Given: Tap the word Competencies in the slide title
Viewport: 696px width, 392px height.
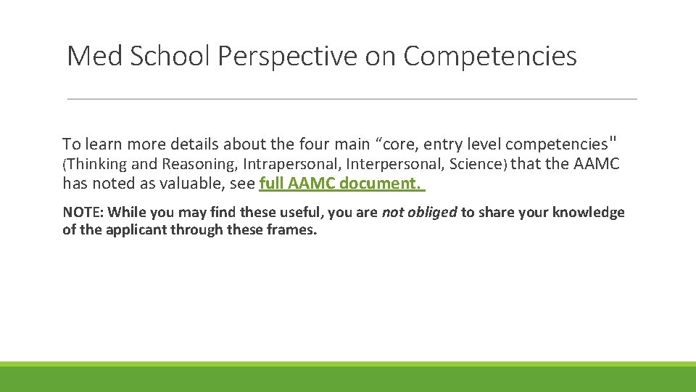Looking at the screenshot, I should pos(490,56).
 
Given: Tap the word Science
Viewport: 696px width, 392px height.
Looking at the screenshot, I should pos(475,164).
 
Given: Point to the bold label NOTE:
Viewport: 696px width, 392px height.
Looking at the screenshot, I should pos(83,213).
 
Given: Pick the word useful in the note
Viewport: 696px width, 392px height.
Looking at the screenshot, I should pos(304,213).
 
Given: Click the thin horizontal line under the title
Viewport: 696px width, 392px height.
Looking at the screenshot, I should pos(352,99).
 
